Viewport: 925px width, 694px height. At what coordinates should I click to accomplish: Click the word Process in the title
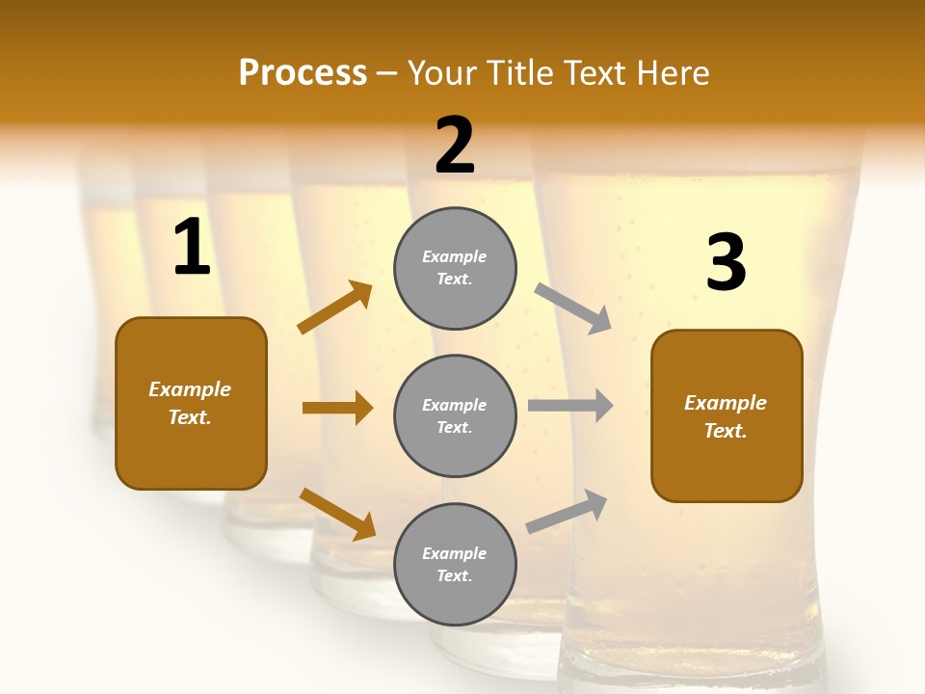tap(303, 73)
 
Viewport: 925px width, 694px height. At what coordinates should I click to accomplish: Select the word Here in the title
tap(673, 73)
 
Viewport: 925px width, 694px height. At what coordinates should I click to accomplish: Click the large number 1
tap(192, 249)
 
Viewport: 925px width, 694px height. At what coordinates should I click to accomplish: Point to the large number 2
tap(455, 146)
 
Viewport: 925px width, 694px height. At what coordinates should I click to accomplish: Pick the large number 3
tap(727, 263)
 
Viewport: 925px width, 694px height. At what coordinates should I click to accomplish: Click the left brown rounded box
tap(191, 403)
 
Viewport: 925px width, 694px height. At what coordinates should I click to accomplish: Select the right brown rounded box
tap(727, 415)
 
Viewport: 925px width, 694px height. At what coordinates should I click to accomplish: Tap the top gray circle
tap(455, 268)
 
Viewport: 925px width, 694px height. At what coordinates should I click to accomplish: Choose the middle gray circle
tap(455, 415)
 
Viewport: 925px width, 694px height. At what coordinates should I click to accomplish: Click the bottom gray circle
tap(455, 564)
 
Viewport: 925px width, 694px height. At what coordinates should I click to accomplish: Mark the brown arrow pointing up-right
tap(335, 307)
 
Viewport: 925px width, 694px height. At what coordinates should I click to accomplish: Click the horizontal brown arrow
tap(337, 408)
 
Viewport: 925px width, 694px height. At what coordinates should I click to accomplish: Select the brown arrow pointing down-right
tap(337, 513)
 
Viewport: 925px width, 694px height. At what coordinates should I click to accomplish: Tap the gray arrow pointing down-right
tap(573, 307)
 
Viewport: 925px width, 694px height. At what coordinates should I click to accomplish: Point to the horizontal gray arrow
tap(570, 406)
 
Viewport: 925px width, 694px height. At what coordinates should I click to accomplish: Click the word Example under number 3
tap(726, 403)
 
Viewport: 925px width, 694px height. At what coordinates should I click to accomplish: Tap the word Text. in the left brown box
tap(191, 417)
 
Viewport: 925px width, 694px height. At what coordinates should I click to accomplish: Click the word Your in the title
tap(442, 73)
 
